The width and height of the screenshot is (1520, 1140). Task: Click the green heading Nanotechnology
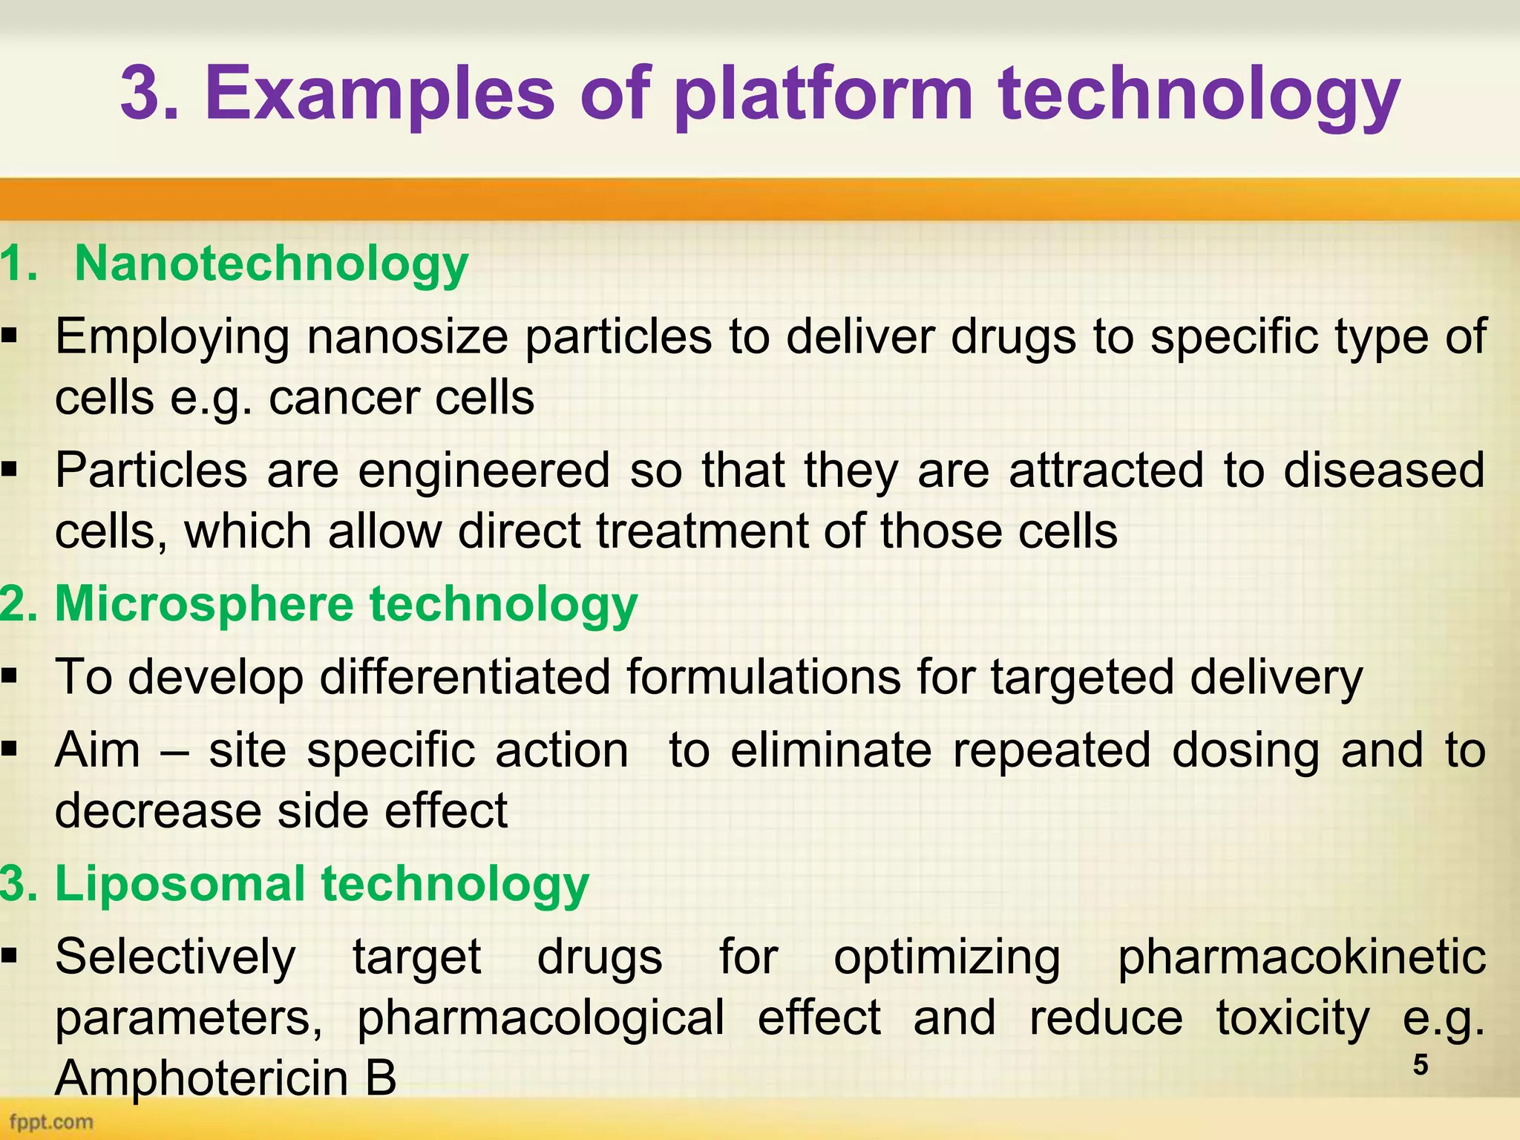[272, 264]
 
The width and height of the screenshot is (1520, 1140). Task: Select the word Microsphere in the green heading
[204, 604]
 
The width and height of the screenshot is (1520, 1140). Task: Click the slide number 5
[1420, 1065]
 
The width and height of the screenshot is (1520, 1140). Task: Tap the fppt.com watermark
[52, 1121]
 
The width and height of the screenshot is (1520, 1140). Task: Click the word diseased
[1384, 471]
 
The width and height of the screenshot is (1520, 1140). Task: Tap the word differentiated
[465, 677]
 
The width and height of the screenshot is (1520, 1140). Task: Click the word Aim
[97, 750]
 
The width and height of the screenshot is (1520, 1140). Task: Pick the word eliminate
[831, 750]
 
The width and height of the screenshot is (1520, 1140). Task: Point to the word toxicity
[1292, 1018]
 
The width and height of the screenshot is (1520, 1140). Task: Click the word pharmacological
[540, 1018]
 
